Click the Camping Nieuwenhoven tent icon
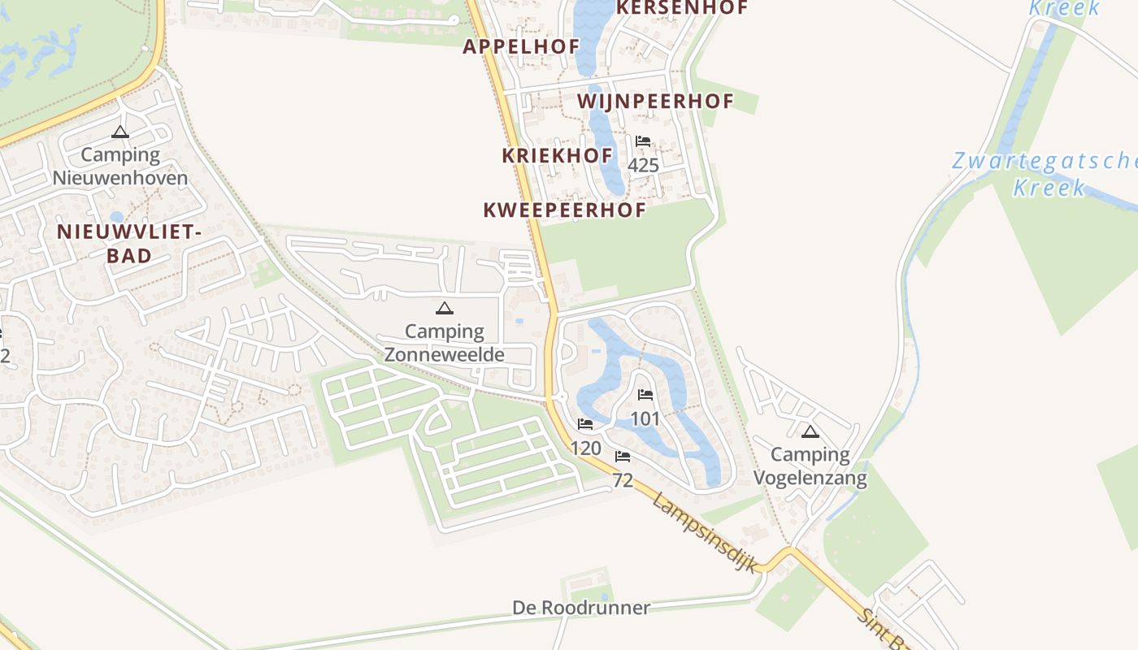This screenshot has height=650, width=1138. pos(120,132)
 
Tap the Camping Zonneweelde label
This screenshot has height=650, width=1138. pos(444,343)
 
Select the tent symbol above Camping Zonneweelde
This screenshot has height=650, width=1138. pos(444,308)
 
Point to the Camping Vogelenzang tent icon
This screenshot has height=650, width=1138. pos(810,431)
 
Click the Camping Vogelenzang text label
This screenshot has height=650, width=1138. pos(810,466)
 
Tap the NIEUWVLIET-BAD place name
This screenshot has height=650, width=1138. pos(128,244)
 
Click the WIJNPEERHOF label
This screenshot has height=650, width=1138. pos(655,102)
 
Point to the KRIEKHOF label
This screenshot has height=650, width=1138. pos(557,155)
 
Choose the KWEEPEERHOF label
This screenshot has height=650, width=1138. pos(564,210)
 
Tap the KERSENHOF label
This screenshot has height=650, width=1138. pos(681,7)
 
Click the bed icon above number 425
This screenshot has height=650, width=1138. pos(643,141)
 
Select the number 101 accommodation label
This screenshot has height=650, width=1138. pos(645,419)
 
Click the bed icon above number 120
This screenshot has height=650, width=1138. pos(584,424)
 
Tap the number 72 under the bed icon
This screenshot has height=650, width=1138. pos(623,480)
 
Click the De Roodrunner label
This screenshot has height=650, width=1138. pos(581,608)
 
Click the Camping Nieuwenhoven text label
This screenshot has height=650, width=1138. pos(120,166)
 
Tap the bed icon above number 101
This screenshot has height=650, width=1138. pos(645,396)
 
